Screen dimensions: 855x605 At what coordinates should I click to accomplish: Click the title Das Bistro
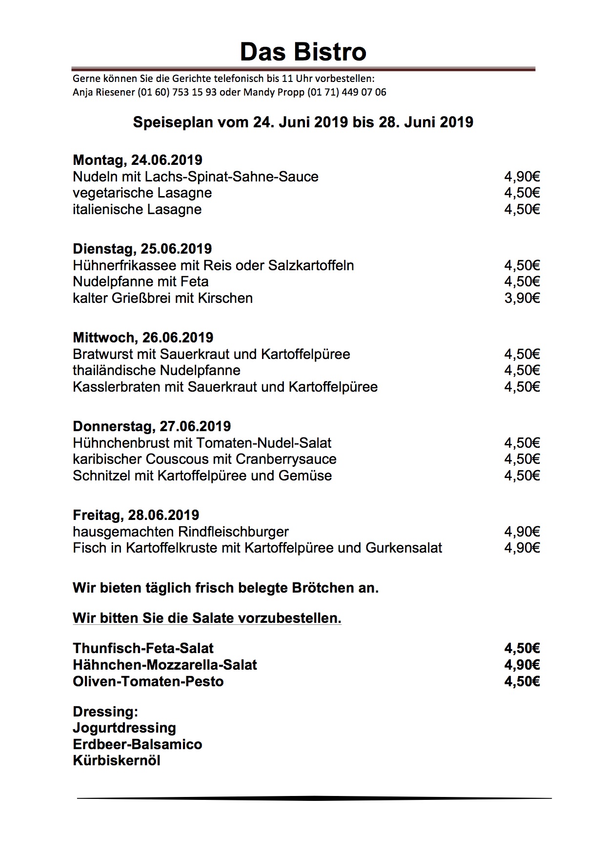[x=302, y=52]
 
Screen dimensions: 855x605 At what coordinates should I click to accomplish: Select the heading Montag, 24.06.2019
[x=137, y=160]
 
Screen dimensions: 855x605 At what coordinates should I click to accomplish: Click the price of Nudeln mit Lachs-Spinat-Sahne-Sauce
[x=522, y=177]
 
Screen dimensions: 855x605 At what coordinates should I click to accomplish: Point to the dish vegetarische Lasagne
[x=142, y=193]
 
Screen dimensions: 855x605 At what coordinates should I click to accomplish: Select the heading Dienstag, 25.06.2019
[x=142, y=249]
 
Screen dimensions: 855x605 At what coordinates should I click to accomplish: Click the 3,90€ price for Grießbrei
[x=522, y=298]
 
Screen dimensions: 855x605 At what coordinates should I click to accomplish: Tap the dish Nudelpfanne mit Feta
[x=141, y=282]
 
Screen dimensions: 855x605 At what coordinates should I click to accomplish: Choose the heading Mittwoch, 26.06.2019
[x=143, y=338]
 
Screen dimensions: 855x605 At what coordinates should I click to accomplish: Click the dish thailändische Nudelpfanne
[x=156, y=370]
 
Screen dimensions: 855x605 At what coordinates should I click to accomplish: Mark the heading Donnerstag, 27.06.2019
[x=152, y=426]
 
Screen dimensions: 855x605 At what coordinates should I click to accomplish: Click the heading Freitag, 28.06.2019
[x=136, y=515]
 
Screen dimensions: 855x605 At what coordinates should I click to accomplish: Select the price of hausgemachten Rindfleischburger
[x=522, y=532]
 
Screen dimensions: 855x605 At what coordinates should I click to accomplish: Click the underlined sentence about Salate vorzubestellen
[x=207, y=618]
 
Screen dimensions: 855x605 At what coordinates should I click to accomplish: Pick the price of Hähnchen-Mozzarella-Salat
[x=522, y=665]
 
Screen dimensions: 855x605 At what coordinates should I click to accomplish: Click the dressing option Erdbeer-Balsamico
[x=137, y=744]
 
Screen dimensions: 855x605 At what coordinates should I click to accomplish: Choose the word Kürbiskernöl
[x=116, y=760]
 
